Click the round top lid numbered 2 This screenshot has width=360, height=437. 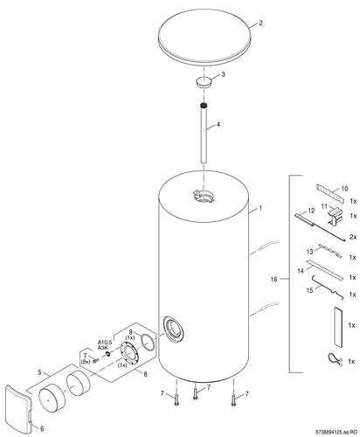pyautogui.click(x=204, y=37)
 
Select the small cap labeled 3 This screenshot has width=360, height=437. pyautogui.click(x=204, y=81)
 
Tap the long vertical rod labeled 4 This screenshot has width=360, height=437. pyautogui.click(x=204, y=133)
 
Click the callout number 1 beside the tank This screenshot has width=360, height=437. pyautogui.click(x=260, y=208)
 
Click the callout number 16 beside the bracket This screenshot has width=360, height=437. pyautogui.click(x=273, y=279)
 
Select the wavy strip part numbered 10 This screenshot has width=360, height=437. pyautogui.click(x=329, y=191)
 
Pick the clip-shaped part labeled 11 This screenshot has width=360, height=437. pyautogui.click(x=335, y=215)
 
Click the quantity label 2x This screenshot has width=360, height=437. pyautogui.click(x=353, y=237)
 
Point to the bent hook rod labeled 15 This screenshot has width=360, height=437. pyautogui.click(x=329, y=288)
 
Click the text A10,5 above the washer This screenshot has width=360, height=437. pyautogui.click(x=105, y=342)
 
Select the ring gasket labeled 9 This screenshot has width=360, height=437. pyautogui.click(x=149, y=342)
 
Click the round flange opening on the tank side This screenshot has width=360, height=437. pyautogui.click(x=174, y=329)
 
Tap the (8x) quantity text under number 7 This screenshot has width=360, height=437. pyautogui.click(x=85, y=362)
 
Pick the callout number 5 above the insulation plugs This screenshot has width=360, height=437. pyautogui.click(x=39, y=371)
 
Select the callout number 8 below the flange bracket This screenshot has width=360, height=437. pyautogui.click(x=145, y=374)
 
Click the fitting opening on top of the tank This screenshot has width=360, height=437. pyautogui.click(x=204, y=196)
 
